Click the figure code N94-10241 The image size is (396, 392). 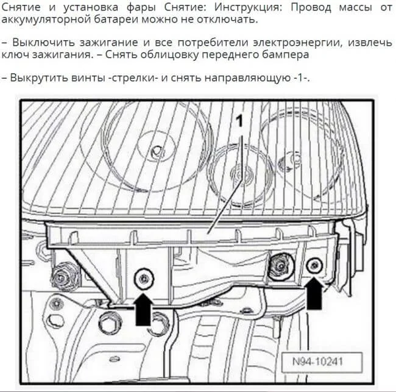(317, 362)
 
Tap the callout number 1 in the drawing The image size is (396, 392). (239, 121)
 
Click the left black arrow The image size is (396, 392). (143, 309)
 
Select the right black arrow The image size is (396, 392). (314, 293)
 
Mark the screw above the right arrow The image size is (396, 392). (314, 266)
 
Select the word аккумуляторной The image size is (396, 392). (46, 20)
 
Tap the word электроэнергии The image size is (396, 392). (298, 43)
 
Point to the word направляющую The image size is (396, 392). (247, 77)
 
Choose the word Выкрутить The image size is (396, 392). (39, 77)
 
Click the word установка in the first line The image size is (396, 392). (91, 7)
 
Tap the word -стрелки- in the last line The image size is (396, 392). (133, 77)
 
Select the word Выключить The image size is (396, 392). (43, 43)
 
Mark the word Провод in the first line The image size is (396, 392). (311, 7)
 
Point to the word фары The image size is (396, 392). (141, 7)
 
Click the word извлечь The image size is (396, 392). (370, 43)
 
